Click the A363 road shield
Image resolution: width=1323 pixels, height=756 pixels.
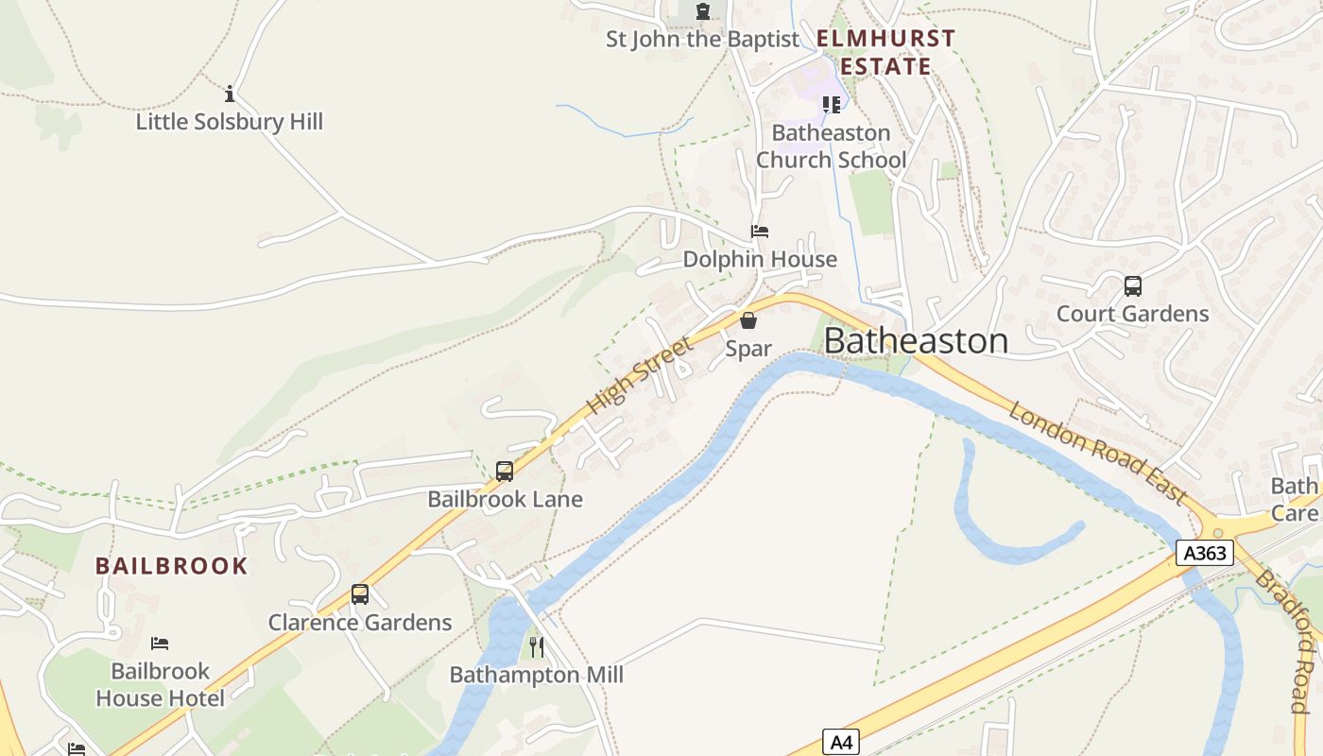click(x=1205, y=553)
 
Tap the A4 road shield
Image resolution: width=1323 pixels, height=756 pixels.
click(x=840, y=743)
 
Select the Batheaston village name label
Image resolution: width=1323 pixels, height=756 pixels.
click(x=916, y=341)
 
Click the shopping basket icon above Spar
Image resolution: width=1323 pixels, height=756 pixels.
click(x=748, y=320)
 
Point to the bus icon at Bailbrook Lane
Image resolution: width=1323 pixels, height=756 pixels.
click(x=505, y=471)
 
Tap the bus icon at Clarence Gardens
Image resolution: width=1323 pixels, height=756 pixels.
click(x=360, y=594)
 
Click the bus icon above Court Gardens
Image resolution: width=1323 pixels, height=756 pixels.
click(x=1132, y=285)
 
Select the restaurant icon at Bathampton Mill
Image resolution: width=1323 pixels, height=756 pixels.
click(x=536, y=647)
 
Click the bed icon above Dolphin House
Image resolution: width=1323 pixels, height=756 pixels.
click(x=760, y=232)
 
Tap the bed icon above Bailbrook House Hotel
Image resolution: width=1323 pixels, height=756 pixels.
click(x=160, y=644)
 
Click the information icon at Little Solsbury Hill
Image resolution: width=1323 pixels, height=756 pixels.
click(x=230, y=94)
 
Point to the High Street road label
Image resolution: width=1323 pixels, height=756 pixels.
click(x=639, y=375)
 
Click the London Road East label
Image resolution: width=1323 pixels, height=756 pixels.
click(x=1096, y=453)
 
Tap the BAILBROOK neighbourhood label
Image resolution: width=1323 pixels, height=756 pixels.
click(x=171, y=566)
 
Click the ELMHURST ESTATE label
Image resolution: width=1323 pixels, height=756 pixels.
click(x=885, y=52)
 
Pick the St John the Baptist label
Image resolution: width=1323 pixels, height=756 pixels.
click(x=702, y=40)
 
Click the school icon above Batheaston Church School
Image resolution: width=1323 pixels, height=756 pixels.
click(x=831, y=104)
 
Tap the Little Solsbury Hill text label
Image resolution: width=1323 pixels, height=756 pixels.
click(x=230, y=122)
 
